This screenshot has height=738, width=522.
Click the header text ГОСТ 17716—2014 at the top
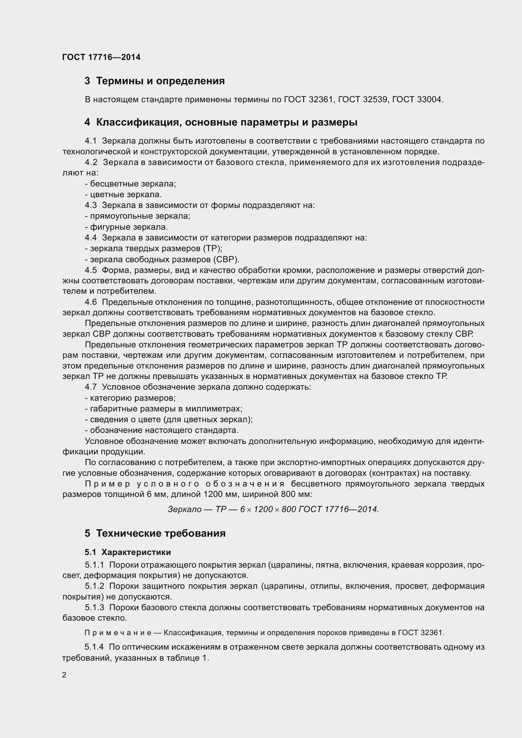coord(101,57)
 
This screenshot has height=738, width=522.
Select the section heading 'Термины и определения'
coord(160,81)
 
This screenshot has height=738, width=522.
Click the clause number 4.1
coord(91,141)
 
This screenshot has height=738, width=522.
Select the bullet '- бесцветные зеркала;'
coord(130,184)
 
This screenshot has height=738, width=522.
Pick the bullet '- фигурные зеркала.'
coord(126,227)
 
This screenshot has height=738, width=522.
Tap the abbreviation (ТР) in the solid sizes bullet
coord(212,248)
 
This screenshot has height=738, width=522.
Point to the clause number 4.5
coord(91,270)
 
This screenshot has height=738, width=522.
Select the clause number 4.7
coord(91,387)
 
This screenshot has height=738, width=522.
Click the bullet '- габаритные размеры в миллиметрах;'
coord(163,409)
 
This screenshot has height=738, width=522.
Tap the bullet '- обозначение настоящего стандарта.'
coord(161,430)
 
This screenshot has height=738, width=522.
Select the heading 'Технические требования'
coord(160,533)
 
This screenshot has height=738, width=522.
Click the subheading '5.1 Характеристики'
coord(128,552)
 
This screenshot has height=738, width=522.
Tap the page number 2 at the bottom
coord(64,675)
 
